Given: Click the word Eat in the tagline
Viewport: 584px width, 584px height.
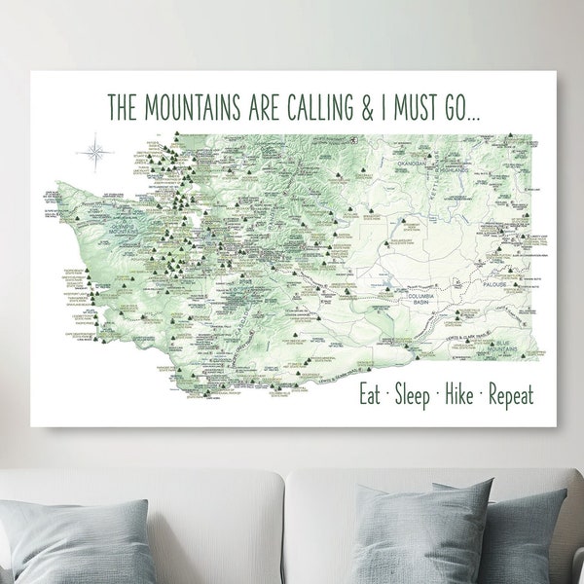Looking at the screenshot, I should (372, 395).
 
